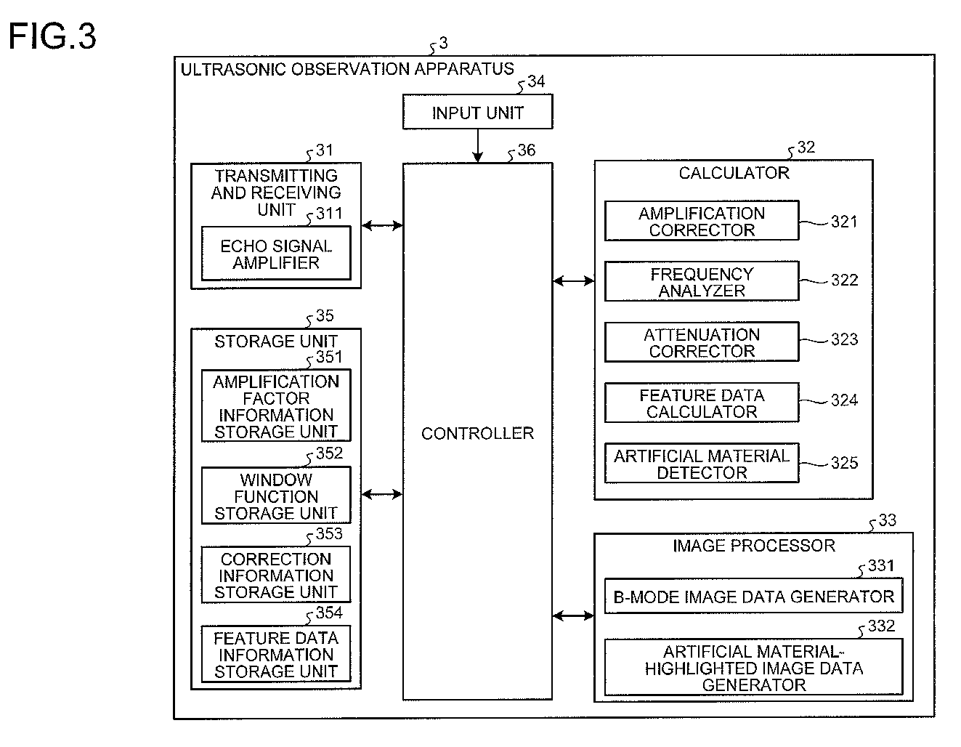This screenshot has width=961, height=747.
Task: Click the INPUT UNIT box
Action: point(477,112)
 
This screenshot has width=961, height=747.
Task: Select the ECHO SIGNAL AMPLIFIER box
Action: point(276,254)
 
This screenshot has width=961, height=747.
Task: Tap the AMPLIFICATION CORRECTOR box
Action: point(702,221)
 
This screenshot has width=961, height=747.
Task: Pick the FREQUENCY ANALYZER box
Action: point(702,282)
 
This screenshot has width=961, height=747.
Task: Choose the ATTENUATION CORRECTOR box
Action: point(702,342)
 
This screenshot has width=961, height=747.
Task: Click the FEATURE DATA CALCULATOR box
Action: point(702,403)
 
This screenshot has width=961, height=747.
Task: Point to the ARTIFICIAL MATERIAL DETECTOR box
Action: point(702,464)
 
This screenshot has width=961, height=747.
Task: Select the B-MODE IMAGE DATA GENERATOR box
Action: point(753,596)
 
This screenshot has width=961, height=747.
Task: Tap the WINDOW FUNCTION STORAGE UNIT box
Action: point(276,496)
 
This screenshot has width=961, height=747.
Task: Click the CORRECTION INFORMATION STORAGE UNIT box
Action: point(276,575)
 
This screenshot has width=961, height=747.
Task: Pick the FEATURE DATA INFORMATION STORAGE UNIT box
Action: point(276,654)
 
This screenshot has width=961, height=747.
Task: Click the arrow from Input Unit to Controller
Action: point(477,146)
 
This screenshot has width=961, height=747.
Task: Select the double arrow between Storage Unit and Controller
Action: point(382,494)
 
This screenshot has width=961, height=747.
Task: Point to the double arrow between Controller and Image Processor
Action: point(573,615)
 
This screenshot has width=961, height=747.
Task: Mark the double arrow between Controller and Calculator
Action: point(573,280)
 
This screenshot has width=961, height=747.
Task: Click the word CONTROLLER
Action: point(477,433)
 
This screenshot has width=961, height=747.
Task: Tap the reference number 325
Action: point(844,463)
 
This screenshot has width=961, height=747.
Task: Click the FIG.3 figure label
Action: point(52,36)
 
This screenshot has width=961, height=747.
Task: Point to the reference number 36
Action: point(527,150)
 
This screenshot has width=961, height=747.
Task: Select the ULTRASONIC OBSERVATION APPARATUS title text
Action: point(347,69)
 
